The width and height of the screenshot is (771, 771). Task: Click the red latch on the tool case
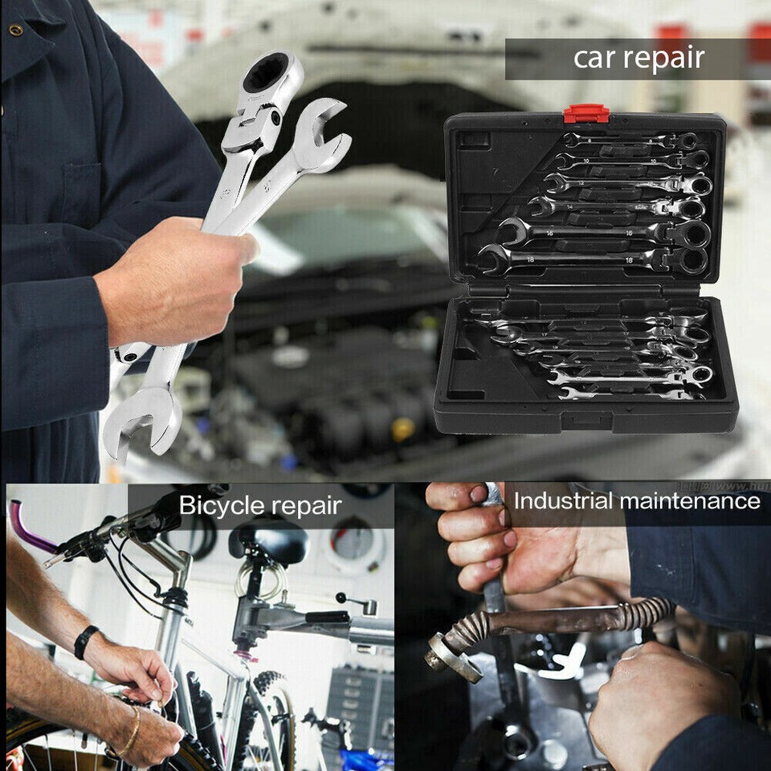pyautogui.click(x=585, y=113)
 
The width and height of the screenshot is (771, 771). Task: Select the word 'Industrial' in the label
pyautogui.click(x=565, y=502)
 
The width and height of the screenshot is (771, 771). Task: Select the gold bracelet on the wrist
pyautogui.click(x=129, y=732)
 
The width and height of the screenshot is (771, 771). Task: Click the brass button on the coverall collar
pyautogui.click(x=15, y=31)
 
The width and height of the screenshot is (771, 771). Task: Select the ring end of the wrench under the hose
pyautogui.click(x=515, y=735)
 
